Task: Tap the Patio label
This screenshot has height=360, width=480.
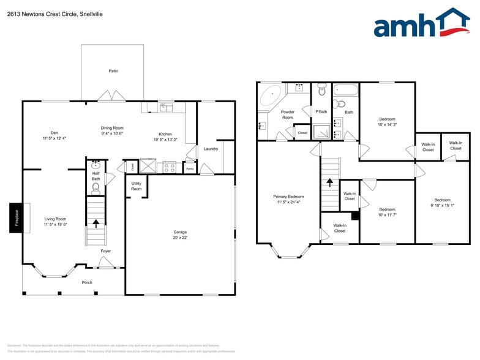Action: click(x=113, y=71)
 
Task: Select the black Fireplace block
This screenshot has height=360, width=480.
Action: click(x=17, y=217)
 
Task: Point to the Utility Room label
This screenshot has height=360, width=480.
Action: click(x=136, y=187)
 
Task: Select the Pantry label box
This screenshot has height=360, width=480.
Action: click(x=190, y=168)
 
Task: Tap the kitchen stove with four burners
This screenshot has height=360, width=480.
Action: click(x=170, y=166)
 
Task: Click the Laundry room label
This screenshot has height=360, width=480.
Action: click(x=211, y=149)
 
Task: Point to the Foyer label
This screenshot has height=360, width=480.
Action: click(x=105, y=251)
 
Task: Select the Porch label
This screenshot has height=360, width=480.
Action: click(x=87, y=282)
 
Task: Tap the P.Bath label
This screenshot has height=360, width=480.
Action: click(x=320, y=112)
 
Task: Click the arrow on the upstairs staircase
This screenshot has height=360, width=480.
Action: click(x=329, y=182)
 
